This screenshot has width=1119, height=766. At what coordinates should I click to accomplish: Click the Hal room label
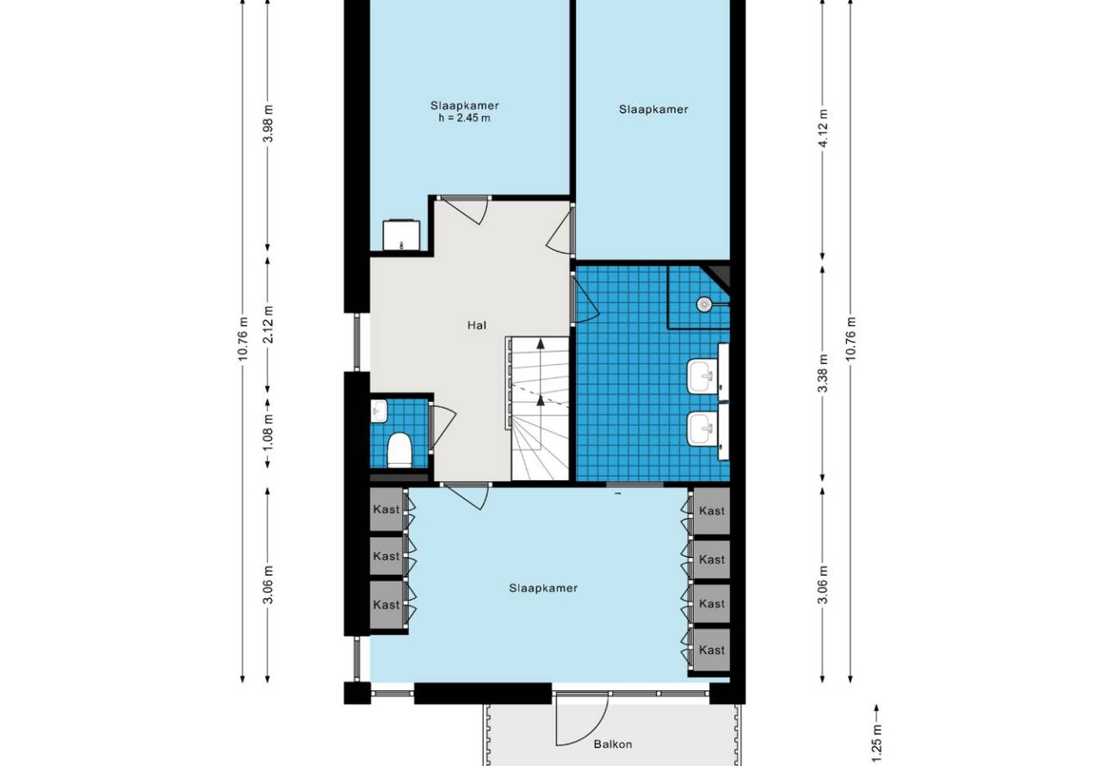click(477, 325)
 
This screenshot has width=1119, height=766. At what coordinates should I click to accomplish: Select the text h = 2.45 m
click(465, 119)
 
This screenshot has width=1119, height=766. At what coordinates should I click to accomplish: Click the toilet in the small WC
click(399, 450)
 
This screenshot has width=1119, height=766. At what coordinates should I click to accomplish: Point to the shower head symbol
click(704, 304)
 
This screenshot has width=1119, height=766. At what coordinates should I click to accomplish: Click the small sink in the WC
click(379, 411)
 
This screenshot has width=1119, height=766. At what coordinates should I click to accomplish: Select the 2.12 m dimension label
click(269, 324)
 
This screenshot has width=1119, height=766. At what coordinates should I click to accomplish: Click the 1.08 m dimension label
click(269, 432)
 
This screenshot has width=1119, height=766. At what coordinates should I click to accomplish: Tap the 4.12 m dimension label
click(824, 127)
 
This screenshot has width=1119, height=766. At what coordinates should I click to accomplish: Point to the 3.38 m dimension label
click(824, 373)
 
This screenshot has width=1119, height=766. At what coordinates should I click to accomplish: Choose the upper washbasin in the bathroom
click(702, 376)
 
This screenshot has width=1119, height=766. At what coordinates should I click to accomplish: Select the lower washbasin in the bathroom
click(702, 429)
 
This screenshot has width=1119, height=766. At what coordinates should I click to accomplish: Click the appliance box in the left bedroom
click(401, 235)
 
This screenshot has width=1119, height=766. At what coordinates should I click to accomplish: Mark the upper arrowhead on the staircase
click(540, 343)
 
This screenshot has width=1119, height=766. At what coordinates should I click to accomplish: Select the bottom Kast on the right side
click(711, 650)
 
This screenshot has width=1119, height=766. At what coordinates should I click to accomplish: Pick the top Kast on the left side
click(386, 510)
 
